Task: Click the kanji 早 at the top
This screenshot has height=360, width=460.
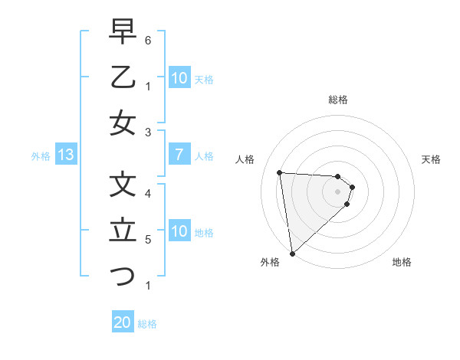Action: [123, 32]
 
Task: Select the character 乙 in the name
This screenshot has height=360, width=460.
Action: [123, 77]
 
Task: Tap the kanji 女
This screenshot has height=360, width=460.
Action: [123, 123]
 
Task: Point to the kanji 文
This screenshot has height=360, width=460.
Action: [123, 185]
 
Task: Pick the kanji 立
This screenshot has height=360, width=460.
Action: [123, 230]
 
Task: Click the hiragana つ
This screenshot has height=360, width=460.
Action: [123, 276]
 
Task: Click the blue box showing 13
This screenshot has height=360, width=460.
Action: [65, 155]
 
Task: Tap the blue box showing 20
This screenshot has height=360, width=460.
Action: [122, 323]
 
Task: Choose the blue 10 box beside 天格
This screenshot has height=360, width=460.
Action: [179, 78]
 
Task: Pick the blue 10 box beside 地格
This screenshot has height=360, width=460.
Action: [179, 231]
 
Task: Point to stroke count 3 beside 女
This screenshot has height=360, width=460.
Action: [148, 132]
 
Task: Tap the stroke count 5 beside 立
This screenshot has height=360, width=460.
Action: [148, 240]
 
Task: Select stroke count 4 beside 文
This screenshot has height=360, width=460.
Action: [148, 193]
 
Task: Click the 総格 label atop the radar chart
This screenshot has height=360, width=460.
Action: [337, 100]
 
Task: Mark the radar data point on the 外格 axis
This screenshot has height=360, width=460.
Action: [292, 253]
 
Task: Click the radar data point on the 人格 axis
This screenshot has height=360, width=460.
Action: [280, 172]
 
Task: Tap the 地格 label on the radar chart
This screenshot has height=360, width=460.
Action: [402, 262]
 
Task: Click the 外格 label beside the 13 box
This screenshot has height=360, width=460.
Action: [41, 156]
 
